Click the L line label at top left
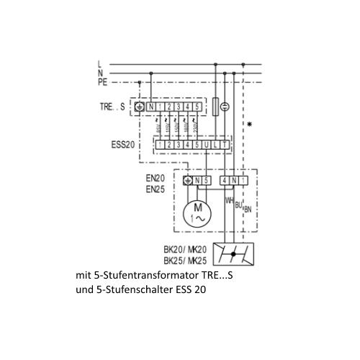[100, 65]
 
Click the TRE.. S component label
[112, 107]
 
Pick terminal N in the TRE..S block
[151, 107]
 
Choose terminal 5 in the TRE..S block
[197, 107]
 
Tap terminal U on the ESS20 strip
[207, 145]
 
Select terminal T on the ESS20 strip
[226, 145]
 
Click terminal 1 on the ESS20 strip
[161, 145]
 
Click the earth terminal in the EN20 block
[189, 180]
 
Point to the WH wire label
[230, 200]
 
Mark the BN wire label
[248, 210]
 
